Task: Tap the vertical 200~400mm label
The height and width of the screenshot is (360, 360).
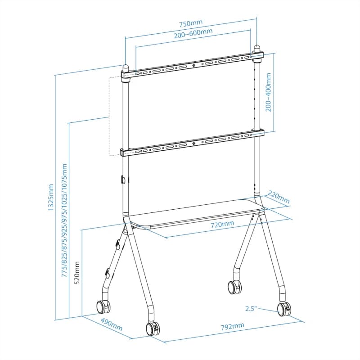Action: (269, 93)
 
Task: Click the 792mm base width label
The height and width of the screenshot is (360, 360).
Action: (233, 326)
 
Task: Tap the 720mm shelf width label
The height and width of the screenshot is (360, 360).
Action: (222, 223)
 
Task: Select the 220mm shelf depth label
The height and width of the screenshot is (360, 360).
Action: (279, 197)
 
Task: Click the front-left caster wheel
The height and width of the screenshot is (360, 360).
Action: (103, 306)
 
